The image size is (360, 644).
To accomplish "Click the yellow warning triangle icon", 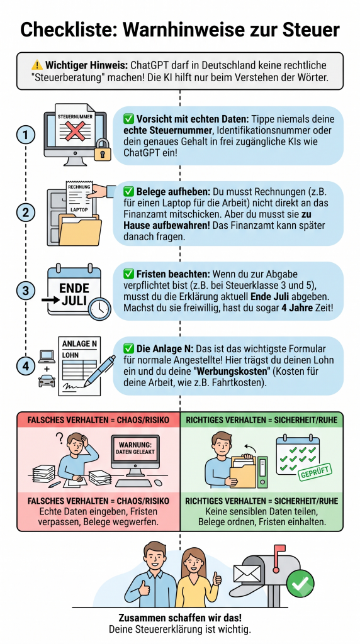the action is tap(37, 65).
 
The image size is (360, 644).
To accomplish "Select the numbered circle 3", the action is tap(26, 291).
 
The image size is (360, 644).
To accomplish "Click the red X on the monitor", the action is tap(75, 132).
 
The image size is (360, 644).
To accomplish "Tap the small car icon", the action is tap(47, 382).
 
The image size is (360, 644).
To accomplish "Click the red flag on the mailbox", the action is tap(279, 548).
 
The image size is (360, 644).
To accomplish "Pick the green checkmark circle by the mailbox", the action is tap(300, 584).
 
